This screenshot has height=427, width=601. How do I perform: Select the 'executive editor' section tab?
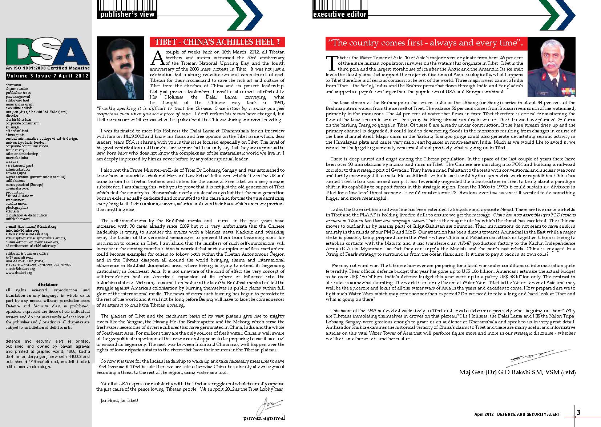[x=340, y=14]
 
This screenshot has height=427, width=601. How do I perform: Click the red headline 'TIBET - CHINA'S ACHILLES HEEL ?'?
[x=217, y=42]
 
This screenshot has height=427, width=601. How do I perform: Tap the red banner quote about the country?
[x=425, y=43]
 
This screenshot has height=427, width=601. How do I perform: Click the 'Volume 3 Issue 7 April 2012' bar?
[x=47, y=76]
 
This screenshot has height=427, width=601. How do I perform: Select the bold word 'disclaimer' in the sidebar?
[x=48, y=284]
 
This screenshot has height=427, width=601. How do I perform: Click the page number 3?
[x=579, y=412]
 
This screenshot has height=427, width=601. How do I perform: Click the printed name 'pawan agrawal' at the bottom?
[x=264, y=418]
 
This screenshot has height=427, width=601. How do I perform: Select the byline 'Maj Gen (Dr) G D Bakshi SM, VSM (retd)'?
[x=517, y=372]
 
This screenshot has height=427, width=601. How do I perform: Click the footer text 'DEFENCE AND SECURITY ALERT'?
[x=528, y=414]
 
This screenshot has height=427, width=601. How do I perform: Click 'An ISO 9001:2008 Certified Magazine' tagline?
[x=48, y=68]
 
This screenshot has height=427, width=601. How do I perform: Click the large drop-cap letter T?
[x=331, y=63]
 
